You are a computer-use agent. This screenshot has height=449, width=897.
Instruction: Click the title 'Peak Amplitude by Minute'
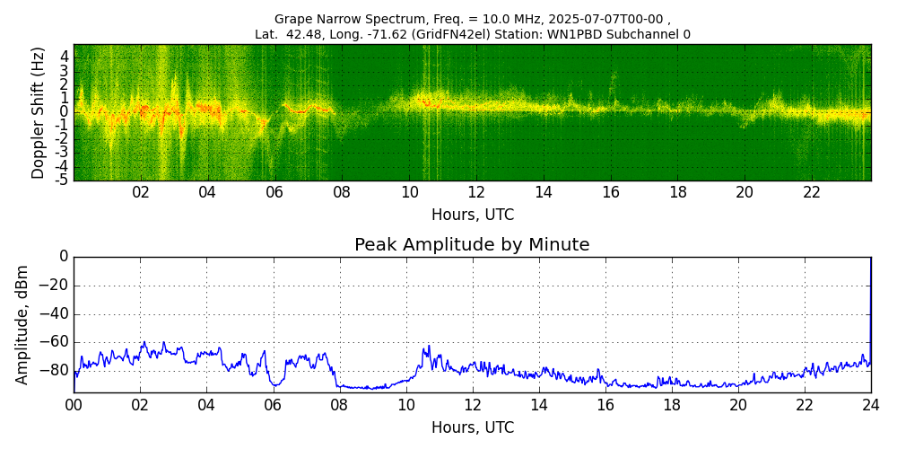(x=472, y=245)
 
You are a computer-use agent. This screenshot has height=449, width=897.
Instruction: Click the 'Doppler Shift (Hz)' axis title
(x=39, y=113)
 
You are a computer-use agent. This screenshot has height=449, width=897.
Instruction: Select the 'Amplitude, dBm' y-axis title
(x=22, y=324)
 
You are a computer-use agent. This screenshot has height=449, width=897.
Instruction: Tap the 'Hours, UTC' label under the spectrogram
(x=473, y=216)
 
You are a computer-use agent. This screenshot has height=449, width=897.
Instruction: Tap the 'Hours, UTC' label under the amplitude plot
(x=473, y=428)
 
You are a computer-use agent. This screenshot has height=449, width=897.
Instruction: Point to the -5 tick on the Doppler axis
(x=64, y=180)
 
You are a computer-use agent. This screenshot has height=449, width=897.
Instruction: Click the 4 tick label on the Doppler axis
(x=65, y=56)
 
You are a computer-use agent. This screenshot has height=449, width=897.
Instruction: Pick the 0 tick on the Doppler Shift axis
(x=65, y=112)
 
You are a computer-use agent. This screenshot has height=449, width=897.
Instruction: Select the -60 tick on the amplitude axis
(x=53, y=342)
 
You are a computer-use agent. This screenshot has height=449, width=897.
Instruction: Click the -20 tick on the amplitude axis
(x=53, y=286)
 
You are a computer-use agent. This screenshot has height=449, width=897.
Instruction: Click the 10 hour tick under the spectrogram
(x=409, y=192)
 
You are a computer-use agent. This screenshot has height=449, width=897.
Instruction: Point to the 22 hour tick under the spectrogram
(x=812, y=192)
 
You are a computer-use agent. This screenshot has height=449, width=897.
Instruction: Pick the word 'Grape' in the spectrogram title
(x=292, y=19)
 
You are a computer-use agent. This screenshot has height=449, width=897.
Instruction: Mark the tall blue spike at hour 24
(x=870, y=287)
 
